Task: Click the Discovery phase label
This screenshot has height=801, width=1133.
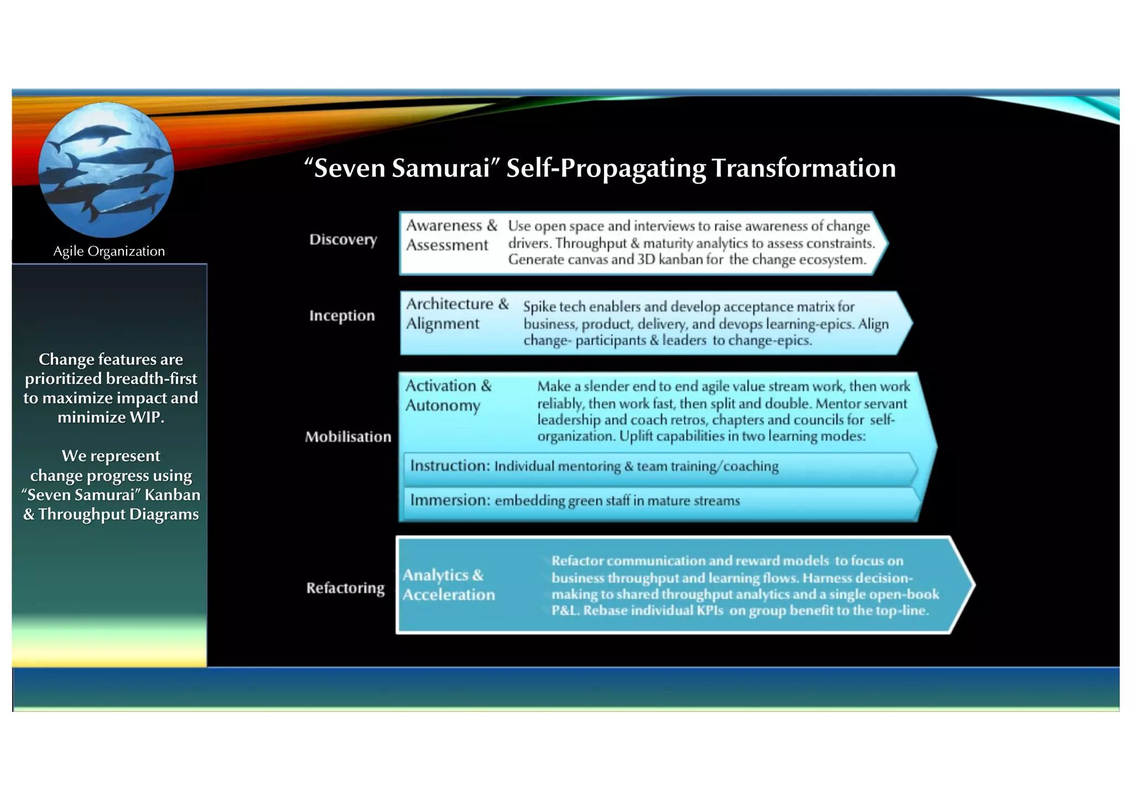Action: point(343,240)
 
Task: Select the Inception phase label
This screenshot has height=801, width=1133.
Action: point(342,316)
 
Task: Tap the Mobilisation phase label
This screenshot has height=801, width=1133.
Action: point(348,437)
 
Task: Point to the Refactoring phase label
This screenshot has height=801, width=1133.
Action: point(345,588)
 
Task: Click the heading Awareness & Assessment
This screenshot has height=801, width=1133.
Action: point(451,235)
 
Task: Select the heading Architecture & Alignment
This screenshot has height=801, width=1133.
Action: point(457,314)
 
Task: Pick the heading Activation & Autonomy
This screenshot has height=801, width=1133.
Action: point(448,396)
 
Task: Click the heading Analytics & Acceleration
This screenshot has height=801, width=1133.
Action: point(449,585)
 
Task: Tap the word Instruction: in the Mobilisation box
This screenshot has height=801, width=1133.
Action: point(450,466)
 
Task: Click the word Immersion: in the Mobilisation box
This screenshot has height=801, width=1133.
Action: point(450,500)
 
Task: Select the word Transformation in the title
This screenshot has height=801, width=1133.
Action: point(803,168)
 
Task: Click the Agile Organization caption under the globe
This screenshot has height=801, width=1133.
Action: point(109,251)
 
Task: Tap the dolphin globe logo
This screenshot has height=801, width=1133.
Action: point(106,170)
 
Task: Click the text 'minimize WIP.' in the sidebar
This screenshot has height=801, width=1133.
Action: point(111,417)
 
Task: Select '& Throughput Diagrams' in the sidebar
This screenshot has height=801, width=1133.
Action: point(111,514)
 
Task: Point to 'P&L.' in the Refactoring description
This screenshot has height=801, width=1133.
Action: point(565,611)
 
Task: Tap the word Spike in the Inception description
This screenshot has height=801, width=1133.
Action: point(539,307)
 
